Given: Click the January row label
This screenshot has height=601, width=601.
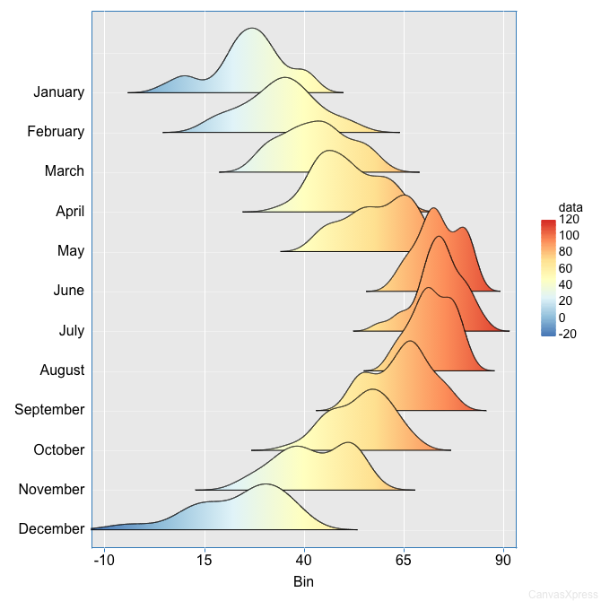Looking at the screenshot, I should click(58, 91).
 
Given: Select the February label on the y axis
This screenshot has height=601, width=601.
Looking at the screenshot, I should click(56, 131).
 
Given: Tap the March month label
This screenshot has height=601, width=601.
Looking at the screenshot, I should click(64, 170).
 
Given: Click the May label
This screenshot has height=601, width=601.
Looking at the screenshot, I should click(70, 250).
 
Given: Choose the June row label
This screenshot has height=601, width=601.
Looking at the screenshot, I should click(68, 290).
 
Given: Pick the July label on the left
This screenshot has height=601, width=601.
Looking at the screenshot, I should click(71, 330).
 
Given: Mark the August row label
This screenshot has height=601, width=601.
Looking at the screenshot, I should click(62, 370).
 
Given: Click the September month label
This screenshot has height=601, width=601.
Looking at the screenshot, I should click(49, 409).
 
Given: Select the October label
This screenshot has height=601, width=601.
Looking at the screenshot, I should click(58, 449).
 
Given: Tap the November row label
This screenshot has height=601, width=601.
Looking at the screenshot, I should click(51, 489).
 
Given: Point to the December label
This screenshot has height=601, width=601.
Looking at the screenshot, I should click(51, 528).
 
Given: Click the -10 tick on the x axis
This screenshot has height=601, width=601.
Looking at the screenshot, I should click(104, 561).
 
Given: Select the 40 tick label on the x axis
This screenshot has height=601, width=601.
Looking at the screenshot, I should click(304, 561).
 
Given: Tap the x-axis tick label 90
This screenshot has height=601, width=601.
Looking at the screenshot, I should click(504, 561).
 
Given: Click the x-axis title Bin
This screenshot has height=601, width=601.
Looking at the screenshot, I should click(303, 581).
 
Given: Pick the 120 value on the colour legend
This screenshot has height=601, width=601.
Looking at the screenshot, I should click(568, 219).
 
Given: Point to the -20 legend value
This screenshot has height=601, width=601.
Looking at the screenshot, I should click(567, 334).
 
